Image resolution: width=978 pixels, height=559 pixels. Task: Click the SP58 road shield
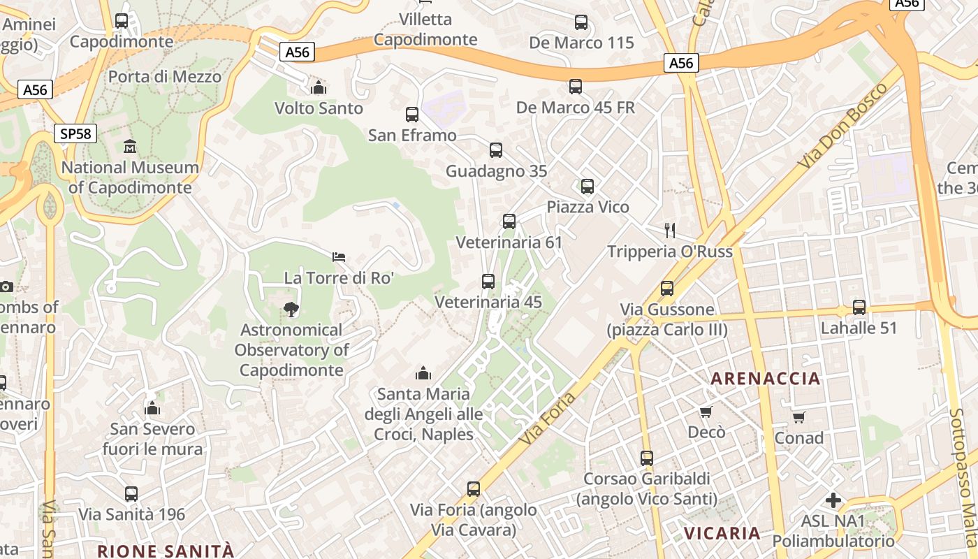[75, 133]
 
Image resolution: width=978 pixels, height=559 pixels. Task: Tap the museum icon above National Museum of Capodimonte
[130, 147]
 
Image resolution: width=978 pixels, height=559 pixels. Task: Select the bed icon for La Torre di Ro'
[339, 257]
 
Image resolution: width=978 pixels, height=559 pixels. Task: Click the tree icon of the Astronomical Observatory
[291, 309]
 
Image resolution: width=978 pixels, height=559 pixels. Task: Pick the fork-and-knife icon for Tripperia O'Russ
[670, 231]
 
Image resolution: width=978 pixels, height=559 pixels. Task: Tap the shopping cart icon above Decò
[706, 412]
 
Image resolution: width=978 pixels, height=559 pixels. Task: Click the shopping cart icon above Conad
[799, 417]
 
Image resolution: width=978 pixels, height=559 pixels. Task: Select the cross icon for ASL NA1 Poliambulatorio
[833, 500]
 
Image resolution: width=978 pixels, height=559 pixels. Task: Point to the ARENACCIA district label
[765, 379]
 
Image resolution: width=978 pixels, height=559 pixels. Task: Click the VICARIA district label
[722, 533]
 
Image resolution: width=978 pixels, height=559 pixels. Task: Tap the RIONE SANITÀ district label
[166, 551]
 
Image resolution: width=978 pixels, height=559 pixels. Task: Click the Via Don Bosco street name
[843, 126]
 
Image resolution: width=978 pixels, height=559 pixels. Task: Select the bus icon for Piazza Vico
[587, 187]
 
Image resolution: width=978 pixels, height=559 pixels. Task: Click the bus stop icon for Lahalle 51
[859, 307]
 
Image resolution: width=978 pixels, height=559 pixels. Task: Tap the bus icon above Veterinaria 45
[488, 282]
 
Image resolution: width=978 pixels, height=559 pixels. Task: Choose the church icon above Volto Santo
[319, 87]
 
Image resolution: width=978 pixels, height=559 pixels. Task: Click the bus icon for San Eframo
[412, 115]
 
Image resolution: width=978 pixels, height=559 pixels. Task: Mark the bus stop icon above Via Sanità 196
[131, 494]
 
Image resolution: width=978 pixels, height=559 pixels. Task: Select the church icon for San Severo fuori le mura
[152, 408]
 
